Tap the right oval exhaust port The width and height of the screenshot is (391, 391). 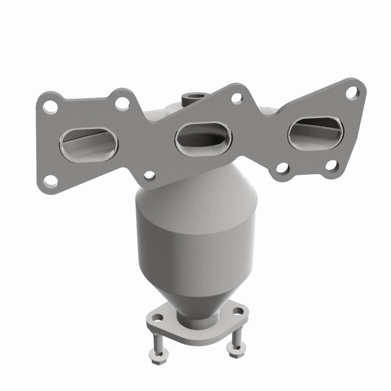click(x=316, y=132)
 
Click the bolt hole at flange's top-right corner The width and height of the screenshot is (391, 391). click(x=352, y=93)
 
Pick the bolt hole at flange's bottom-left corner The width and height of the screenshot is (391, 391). click(x=50, y=180)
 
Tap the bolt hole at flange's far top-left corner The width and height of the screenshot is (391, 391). click(x=50, y=106)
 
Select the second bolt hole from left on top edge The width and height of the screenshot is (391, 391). click(x=122, y=103)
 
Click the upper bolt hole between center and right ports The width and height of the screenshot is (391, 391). click(x=237, y=98)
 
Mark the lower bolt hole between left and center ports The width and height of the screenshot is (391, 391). click(x=149, y=175)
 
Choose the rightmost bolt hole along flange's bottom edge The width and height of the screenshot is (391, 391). click(x=331, y=165)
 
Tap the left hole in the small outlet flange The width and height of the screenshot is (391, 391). click(x=158, y=318)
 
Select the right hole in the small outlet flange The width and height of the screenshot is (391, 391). click(x=238, y=311)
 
